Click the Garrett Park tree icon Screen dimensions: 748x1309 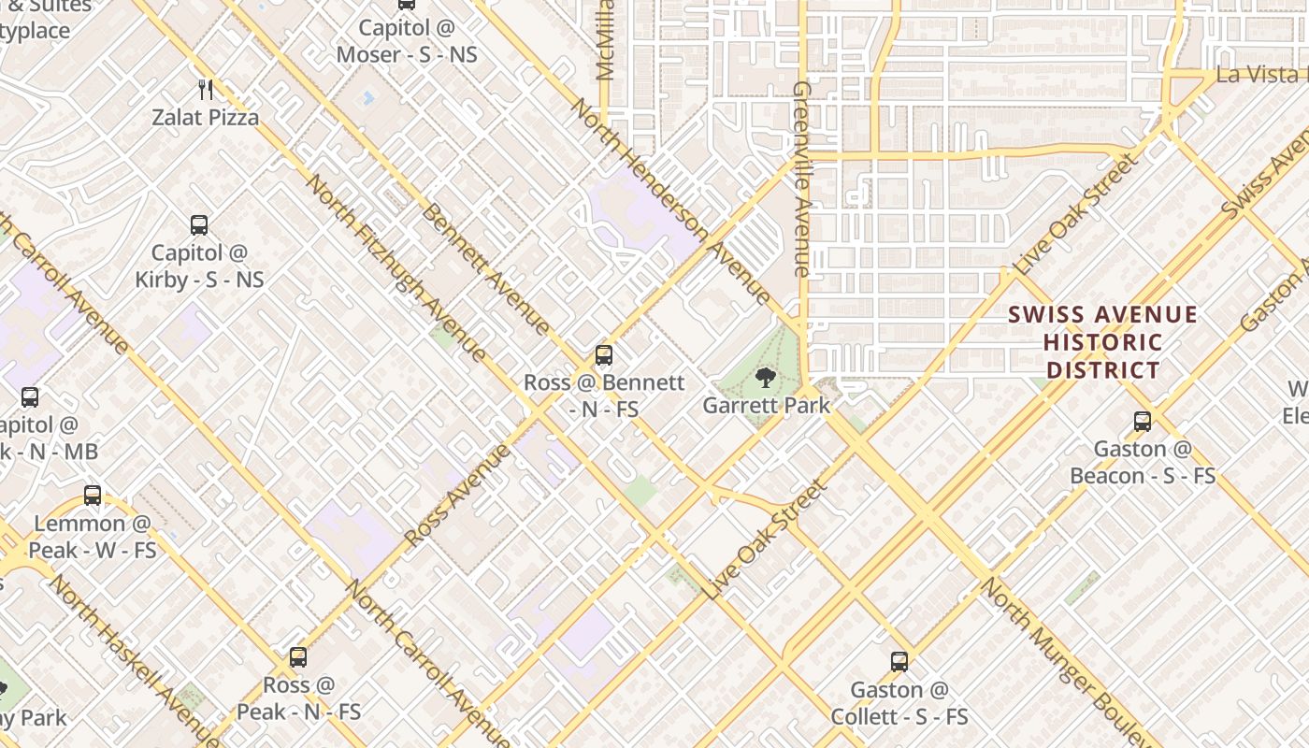pyautogui.click(x=766, y=378)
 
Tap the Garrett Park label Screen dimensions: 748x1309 pyautogui.click(x=766, y=406)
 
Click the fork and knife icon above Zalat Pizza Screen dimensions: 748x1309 pyautogui.click(x=207, y=90)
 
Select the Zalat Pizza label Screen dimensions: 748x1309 pyautogui.click(x=207, y=118)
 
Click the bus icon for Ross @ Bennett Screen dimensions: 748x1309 pyautogui.click(x=604, y=355)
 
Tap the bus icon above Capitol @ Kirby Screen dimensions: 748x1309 pyautogui.click(x=199, y=224)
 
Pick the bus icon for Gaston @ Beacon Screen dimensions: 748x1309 pyautogui.click(x=1143, y=422)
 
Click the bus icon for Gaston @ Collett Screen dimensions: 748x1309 pyautogui.click(x=899, y=662)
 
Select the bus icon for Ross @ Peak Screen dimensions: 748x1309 pyautogui.click(x=298, y=657)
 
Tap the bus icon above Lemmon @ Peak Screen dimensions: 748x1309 pyautogui.click(x=93, y=496)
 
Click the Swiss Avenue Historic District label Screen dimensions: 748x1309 pyautogui.click(x=1103, y=342)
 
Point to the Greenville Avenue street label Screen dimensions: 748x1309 pyautogui.click(x=801, y=178)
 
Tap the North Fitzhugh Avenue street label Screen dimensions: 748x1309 pyautogui.click(x=396, y=267)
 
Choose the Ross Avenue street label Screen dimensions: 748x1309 pyautogui.click(x=458, y=496)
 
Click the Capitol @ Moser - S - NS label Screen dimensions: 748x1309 pyautogui.click(x=407, y=41)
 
